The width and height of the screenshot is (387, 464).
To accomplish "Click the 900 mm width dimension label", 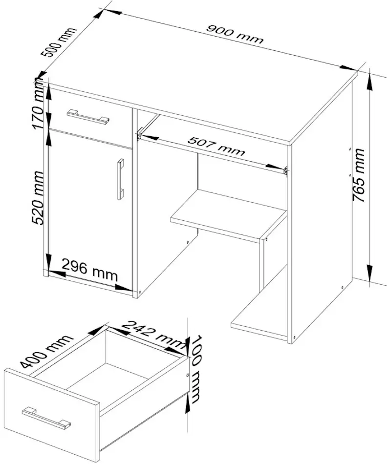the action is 235,35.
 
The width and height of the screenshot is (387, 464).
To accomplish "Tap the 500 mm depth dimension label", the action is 58,42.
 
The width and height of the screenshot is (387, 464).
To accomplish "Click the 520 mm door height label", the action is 39,198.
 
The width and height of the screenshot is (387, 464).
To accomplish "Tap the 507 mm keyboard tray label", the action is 216,146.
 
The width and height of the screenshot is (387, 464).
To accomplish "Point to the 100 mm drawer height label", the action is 195,369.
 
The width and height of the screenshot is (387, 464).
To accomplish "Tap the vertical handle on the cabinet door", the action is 120,179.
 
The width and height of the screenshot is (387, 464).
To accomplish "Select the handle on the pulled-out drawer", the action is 46,418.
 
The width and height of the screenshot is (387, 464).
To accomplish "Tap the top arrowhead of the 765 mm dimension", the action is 370,82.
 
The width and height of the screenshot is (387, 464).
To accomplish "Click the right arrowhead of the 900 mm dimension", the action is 348,68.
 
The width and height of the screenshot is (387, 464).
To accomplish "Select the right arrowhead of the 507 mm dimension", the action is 275,167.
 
